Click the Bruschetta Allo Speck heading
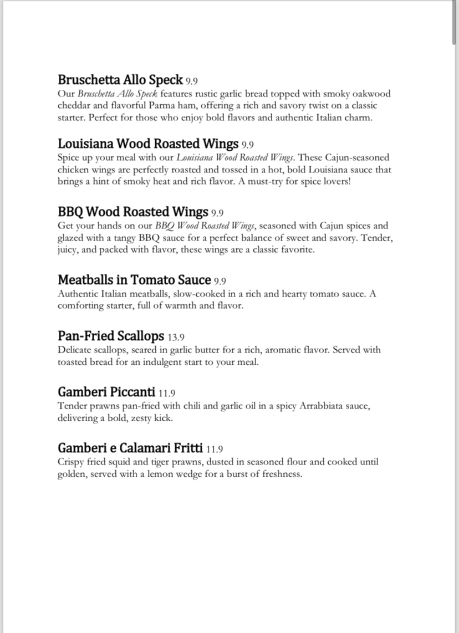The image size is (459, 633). click(x=120, y=79)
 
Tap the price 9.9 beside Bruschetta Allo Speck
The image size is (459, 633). click(x=192, y=81)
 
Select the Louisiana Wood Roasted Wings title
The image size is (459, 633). click(x=148, y=144)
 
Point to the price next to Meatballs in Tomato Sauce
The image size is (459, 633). click(x=220, y=281)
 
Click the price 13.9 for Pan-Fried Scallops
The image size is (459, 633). click(x=176, y=337)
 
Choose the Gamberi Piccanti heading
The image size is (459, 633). click(x=106, y=392)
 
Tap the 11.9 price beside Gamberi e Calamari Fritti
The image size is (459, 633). click(x=214, y=449)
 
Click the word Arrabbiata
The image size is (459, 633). click(x=322, y=406)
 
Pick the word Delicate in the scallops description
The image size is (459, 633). click(x=76, y=350)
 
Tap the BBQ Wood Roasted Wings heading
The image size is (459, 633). click(x=133, y=212)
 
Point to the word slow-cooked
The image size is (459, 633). click(x=172, y=294)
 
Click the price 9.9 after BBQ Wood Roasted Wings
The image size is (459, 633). click(x=217, y=213)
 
